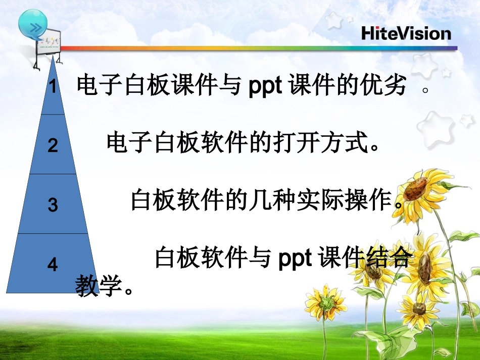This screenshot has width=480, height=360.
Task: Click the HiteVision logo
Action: (406, 33)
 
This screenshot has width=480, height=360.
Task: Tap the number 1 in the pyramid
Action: (53, 87)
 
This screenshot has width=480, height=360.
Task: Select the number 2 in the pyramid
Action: (53, 145)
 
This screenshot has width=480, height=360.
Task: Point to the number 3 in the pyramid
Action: (53, 205)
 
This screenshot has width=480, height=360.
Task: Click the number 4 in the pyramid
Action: (53, 264)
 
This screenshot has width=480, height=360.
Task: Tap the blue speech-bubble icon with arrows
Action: (33, 24)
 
